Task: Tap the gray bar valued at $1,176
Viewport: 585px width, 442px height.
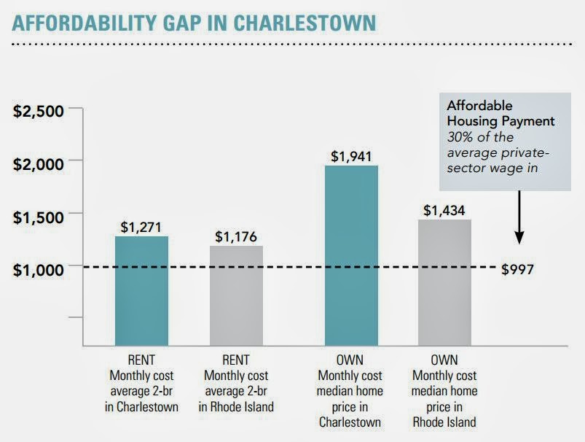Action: [236, 295]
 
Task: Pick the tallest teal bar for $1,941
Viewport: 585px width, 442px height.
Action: [352, 255]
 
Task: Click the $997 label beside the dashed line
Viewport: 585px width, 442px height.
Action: [518, 269]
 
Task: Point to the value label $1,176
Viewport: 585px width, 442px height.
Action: [236, 236]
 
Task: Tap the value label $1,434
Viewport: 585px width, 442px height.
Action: [445, 209]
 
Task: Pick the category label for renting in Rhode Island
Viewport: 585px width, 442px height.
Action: [236, 382]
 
